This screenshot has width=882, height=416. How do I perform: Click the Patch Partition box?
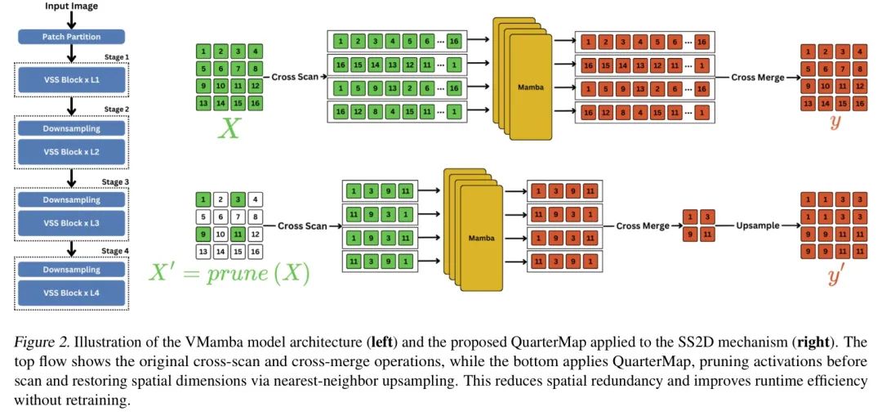point(71,37)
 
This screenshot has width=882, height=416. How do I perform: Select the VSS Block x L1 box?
point(71,80)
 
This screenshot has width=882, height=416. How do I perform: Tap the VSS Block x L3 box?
point(71,222)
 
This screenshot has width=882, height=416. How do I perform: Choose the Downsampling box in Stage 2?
point(71,128)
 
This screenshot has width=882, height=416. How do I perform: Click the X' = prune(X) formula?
point(229,272)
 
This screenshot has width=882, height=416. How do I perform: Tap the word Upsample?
point(757,225)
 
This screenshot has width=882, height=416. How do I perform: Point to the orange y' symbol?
point(835,275)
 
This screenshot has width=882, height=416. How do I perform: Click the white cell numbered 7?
point(238,217)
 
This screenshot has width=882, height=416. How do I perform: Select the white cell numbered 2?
point(218,199)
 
